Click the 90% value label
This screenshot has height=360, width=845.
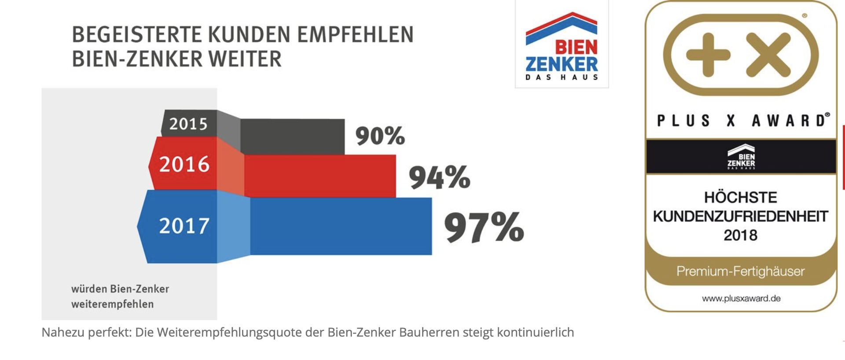tap(380, 136)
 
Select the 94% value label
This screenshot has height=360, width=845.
tap(439, 177)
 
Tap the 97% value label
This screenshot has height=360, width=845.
tap(484, 227)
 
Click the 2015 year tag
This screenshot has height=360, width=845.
tap(188, 124)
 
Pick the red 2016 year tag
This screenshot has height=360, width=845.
tap(184, 164)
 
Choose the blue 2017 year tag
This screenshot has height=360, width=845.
tap(184, 226)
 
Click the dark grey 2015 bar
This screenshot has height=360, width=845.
tap(293, 136)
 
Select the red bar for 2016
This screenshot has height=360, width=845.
tap(320, 176)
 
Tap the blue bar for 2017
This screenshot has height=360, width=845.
tap(341, 226)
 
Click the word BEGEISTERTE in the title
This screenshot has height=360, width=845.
tap(137, 35)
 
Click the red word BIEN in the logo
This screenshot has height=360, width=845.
tap(576, 47)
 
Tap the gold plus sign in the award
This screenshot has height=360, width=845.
tap(708, 55)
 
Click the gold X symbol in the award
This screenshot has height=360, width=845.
tap(768, 55)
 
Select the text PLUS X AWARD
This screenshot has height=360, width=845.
tap(742, 121)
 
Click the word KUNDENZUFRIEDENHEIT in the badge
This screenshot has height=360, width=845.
tap(740, 217)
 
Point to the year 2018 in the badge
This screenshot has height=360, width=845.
tap(740, 235)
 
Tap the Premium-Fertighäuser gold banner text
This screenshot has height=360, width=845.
tap(740, 271)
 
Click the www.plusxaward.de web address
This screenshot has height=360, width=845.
tap(741, 298)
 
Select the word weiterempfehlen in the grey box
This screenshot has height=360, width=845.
tap(112, 304)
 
